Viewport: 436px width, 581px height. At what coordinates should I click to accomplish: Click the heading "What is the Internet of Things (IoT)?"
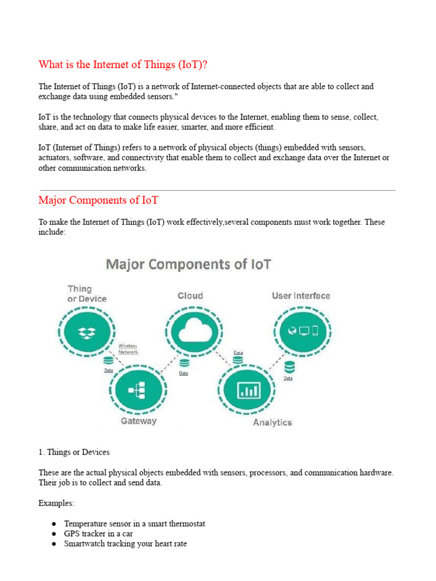[x=123, y=65]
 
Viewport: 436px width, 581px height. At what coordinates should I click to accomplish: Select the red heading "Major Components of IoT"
[x=98, y=200]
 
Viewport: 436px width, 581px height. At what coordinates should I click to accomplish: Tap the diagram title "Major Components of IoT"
[x=188, y=264]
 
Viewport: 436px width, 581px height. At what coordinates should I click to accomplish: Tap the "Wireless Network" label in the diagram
[x=128, y=348]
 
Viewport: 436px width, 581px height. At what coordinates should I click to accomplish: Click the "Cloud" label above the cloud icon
[x=190, y=296]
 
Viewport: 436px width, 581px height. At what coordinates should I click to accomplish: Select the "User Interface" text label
[x=301, y=296]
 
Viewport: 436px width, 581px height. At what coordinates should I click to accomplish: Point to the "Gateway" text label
[x=139, y=421]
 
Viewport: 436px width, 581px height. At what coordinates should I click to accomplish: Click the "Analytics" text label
[x=272, y=422]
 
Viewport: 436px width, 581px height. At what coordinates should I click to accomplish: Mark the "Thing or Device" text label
[x=87, y=293]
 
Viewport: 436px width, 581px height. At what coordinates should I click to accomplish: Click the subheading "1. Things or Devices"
[x=74, y=452]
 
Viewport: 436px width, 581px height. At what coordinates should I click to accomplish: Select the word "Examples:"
[x=56, y=503]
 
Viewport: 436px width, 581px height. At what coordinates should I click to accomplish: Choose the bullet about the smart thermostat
[x=135, y=523]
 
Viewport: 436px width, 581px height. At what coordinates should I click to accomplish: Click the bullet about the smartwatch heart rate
[x=125, y=544]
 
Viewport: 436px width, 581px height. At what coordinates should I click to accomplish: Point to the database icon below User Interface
[x=290, y=367]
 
